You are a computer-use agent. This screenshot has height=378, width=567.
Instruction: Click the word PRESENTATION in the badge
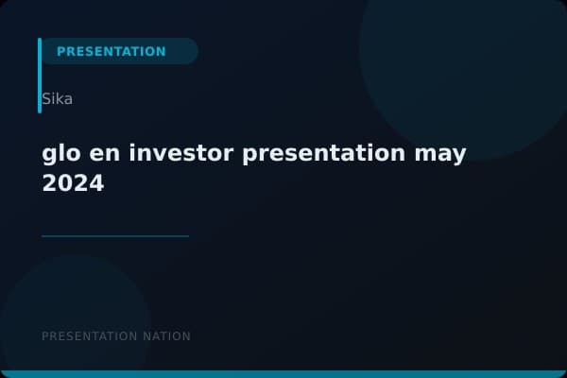click(x=112, y=51)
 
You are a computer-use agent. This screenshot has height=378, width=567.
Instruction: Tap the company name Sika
click(x=58, y=98)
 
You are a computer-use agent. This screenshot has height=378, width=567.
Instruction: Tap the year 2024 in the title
click(x=73, y=184)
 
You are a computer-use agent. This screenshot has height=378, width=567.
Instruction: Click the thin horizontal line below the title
click(x=115, y=236)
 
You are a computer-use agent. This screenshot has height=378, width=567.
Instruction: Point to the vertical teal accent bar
click(x=40, y=76)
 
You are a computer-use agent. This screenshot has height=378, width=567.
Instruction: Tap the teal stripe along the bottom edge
click(x=283, y=374)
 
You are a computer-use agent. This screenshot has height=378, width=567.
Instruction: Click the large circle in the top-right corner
click(x=463, y=57)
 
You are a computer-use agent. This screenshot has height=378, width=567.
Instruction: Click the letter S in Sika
click(x=46, y=98)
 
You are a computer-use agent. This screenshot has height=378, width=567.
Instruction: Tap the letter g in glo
click(x=50, y=155)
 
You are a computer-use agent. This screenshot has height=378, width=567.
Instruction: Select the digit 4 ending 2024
click(x=95, y=184)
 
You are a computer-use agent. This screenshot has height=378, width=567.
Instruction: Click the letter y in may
click(x=459, y=156)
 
